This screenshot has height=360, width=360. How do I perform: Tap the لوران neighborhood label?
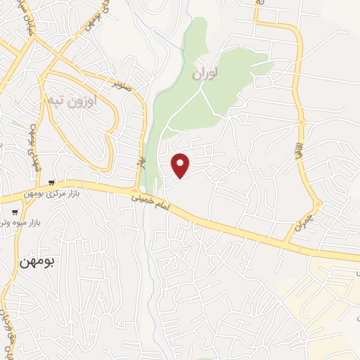[x=204, y=72]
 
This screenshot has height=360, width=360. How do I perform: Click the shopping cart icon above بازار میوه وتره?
[x=15, y=212]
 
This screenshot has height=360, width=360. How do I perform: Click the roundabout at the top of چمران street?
[x=317, y=205]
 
